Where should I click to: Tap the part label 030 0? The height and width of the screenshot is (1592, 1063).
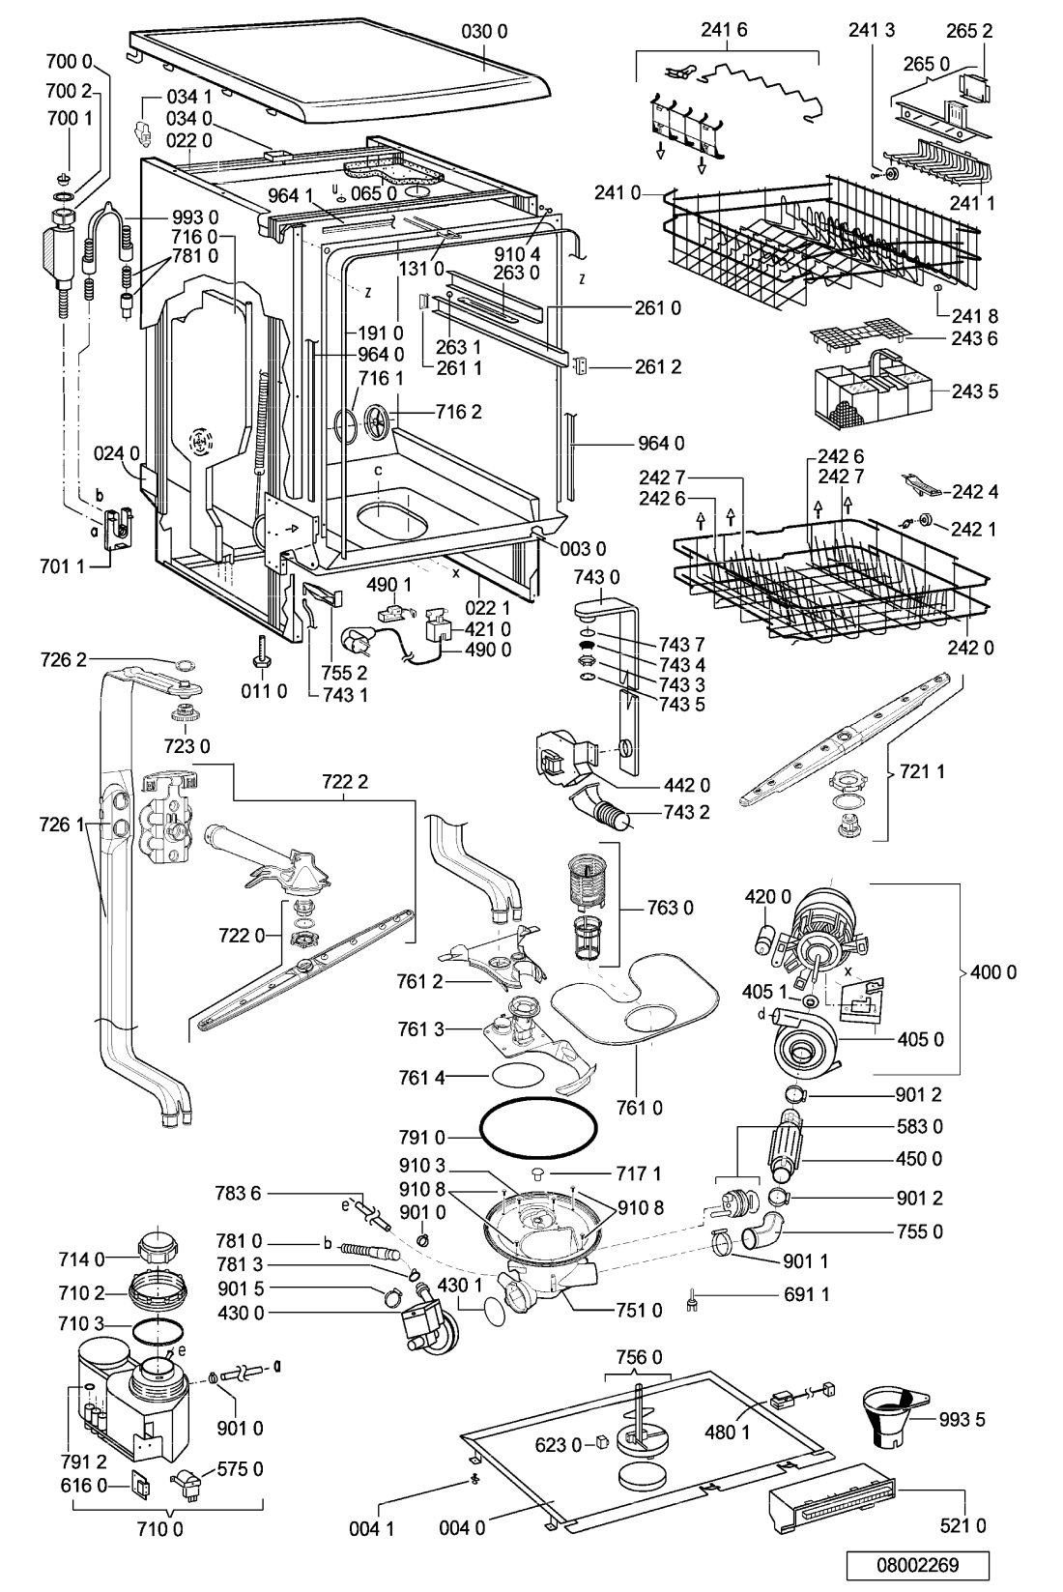(484, 31)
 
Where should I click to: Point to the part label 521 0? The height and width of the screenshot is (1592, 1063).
(962, 1524)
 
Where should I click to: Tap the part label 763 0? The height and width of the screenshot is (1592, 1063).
(670, 908)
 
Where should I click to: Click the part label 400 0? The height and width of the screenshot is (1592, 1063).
(993, 972)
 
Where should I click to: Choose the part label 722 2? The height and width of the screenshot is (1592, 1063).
(345, 782)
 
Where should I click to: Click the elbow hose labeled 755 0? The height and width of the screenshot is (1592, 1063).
(763, 1231)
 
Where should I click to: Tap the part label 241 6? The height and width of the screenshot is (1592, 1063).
(724, 30)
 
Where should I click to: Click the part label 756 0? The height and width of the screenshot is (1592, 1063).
(638, 1357)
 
